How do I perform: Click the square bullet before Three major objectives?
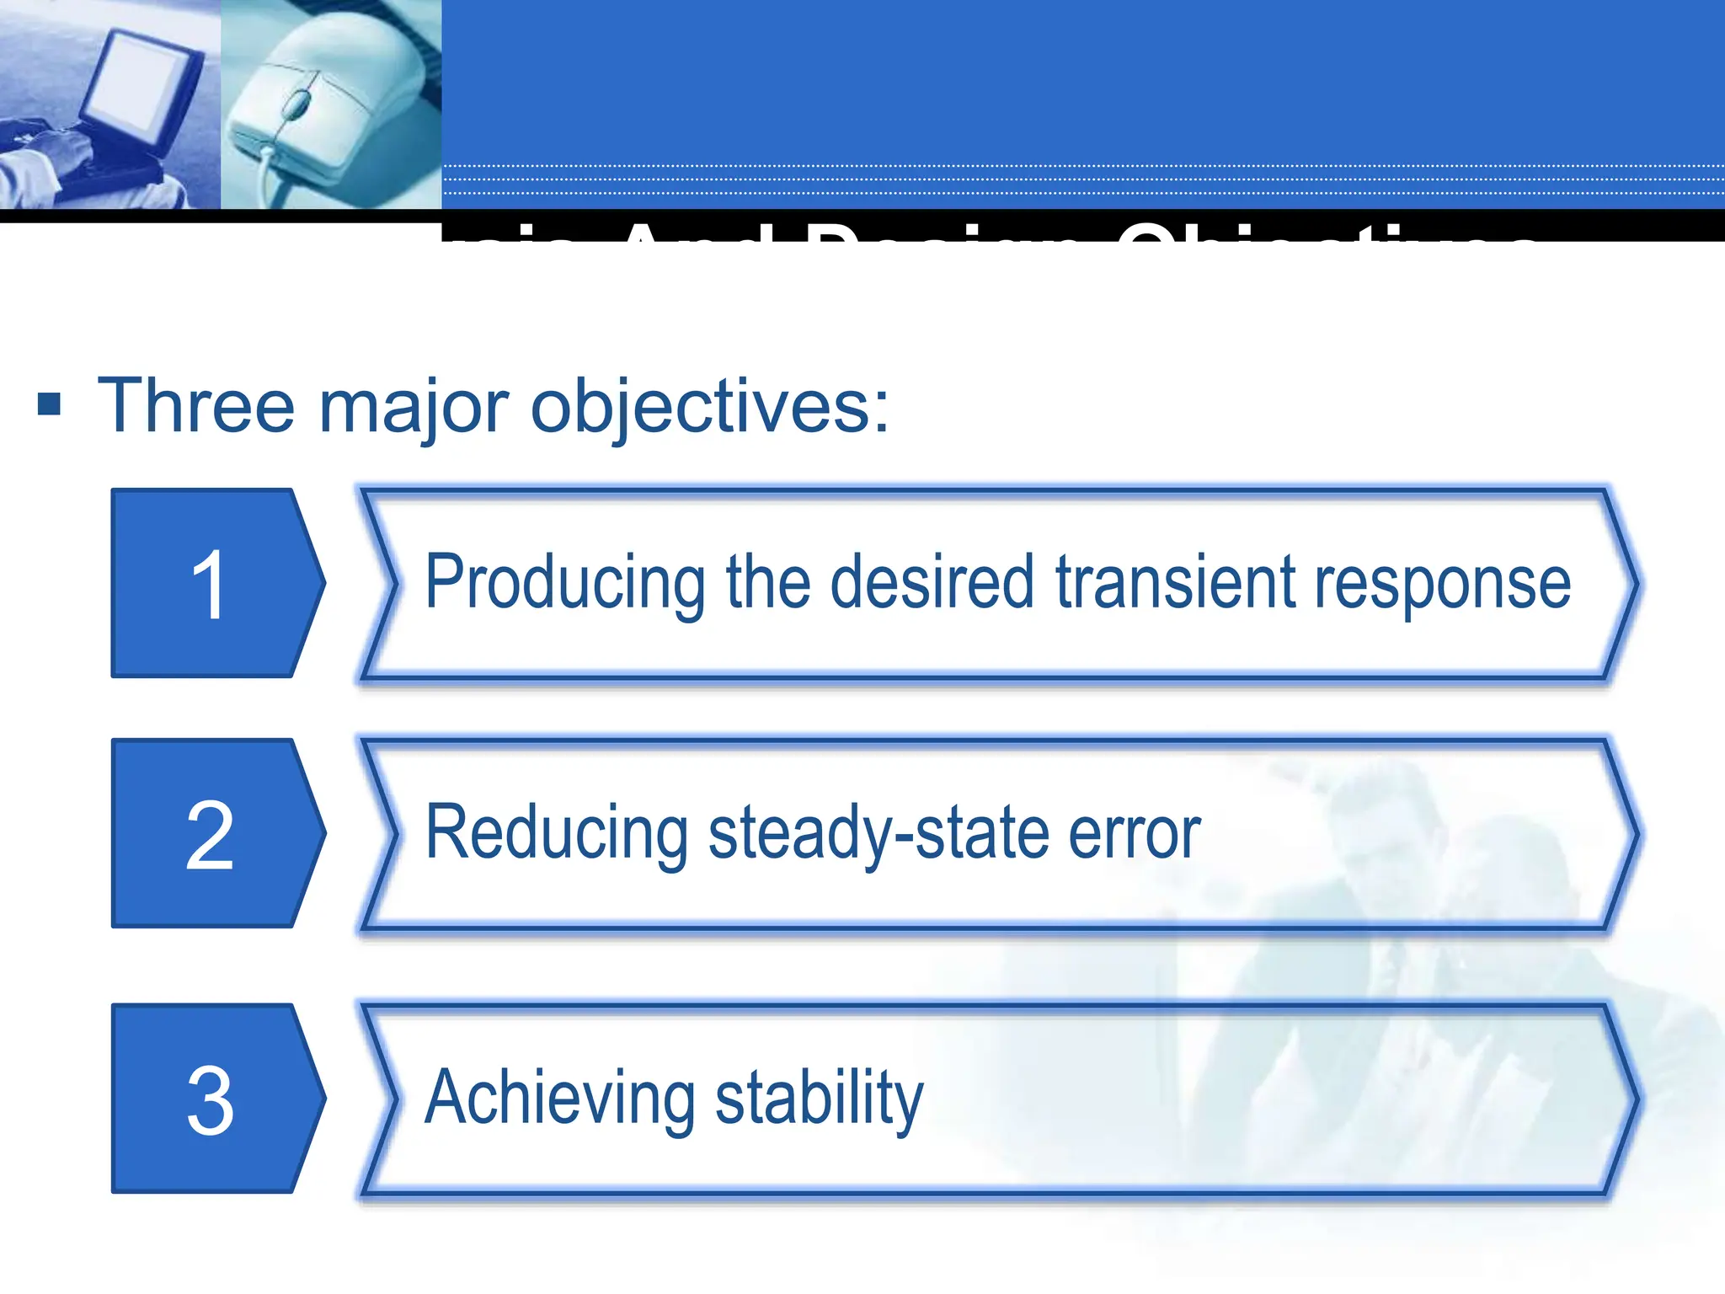click(50, 404)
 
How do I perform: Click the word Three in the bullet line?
click(195, 406)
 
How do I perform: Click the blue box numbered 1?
click(211, 583)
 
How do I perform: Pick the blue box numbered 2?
click(211, 833)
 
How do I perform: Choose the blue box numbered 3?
click(211, 1099)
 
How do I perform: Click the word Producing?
click(565, 583)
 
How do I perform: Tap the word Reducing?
click(557, 834)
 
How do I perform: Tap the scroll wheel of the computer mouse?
click(296, 104)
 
